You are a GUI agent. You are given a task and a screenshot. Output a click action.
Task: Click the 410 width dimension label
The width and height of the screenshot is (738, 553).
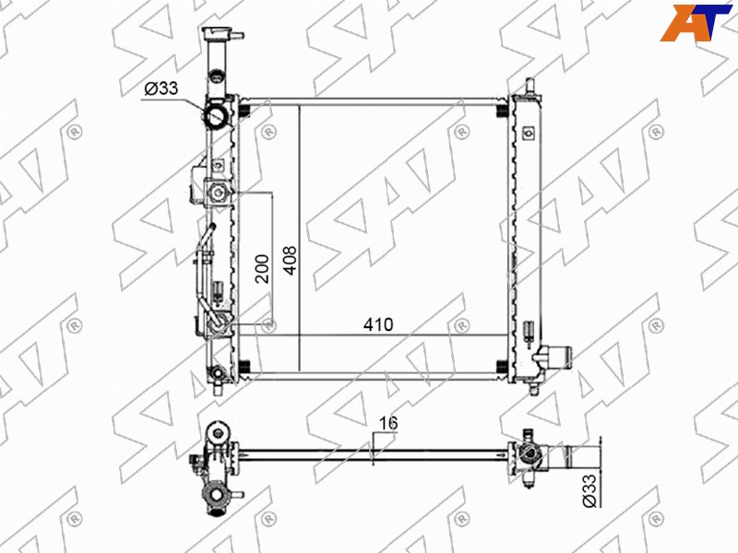pyautogui.click(x=378, y=324)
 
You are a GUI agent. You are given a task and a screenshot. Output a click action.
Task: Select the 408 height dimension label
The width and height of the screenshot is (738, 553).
pyautogui.click(x=291, y=260)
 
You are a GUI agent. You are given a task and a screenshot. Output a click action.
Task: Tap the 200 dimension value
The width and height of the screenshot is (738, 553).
pyautogui.click(x=262, y=268)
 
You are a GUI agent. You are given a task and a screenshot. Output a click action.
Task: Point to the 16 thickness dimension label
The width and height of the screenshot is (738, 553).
pyautogui.click(x=388, y=423)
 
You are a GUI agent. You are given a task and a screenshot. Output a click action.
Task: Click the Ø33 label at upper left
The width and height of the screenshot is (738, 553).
pyautogui.click(x=161, y=88)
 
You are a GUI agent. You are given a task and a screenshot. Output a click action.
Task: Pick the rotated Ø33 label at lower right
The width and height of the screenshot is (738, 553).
pyautogui.click(x=590, y=490)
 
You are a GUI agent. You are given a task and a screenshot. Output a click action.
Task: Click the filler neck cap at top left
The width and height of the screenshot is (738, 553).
pyautogui.click(x=219, y=34)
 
